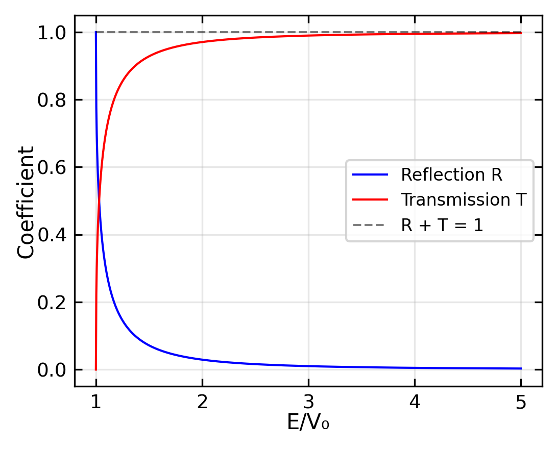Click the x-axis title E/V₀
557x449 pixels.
pyautogui.click(x=308, y=423)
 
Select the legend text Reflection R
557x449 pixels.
pyautogui.click(x=452, y=175)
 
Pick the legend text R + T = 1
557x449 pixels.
pyautogui.click(x=442, y=225)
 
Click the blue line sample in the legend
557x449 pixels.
pyautogui.click(x=370, y=175)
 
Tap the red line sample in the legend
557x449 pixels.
pyautogui.click(x=370, y=200)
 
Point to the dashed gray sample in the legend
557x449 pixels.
pyautogui.click(x=370, y=225)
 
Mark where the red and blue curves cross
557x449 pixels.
pyautogui.click(x=100, y=201)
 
